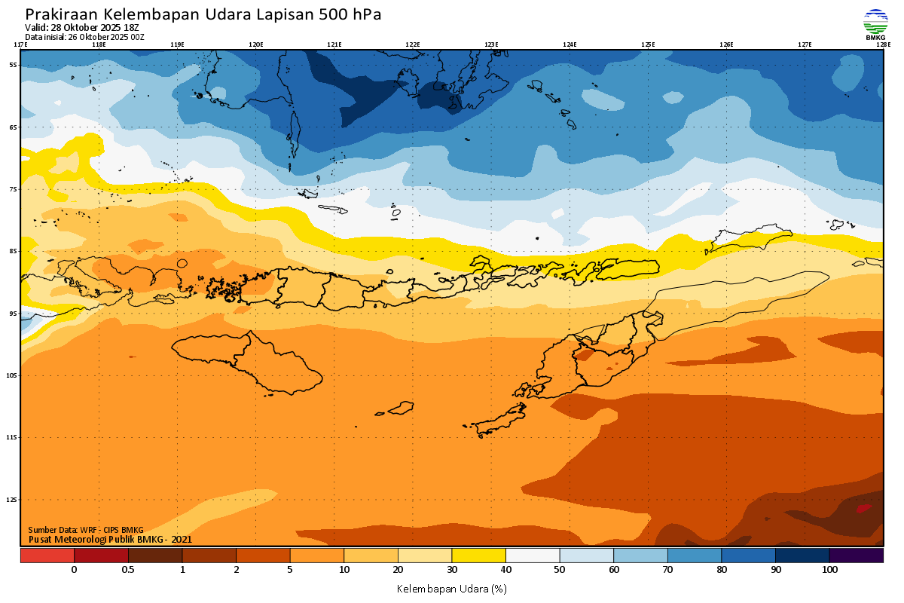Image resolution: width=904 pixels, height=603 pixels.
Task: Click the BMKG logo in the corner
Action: pyautogui.click(x=875, y=24)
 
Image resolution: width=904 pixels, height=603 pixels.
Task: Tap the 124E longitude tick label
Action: pyautogui.click(x=570, y=44)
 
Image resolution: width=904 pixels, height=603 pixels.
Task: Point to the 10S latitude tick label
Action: pyautogui.click(x=13, y=375)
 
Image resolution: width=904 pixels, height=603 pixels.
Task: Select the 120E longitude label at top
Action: pyautogui.click(x=256, y=44)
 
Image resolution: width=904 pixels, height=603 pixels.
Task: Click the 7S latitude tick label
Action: pyautogui.click(x=13, y=189)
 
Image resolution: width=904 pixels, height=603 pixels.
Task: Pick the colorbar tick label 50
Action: pyautogui.click(x=560, y=570)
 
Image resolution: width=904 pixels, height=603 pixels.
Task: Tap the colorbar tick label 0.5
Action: pyautogui.click(x=128, y=570)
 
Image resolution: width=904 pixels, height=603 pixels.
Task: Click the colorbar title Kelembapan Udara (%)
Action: pyautogui.click(x=451, y=588)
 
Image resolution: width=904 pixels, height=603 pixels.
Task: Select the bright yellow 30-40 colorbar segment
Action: pyautogui.click(x=478, y=556)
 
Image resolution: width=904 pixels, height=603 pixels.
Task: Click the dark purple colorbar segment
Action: pyautogui.click(x=856, y=556)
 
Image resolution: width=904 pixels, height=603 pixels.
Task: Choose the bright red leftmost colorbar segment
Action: pyautogui.click(x=47, y=556)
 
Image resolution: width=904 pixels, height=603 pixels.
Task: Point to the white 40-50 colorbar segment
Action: pyautogui.click(x=533, y=556)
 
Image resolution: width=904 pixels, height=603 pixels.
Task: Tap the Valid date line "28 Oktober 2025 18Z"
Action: pyautogui.click(x=93, y=28)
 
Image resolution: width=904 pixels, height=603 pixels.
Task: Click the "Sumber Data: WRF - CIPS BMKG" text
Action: pyautogui.click(x=85, y=531)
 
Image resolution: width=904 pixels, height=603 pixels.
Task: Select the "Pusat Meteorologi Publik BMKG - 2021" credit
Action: pyautogui.click(x=110, y=539)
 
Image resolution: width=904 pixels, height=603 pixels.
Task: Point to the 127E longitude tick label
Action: pyautogui.click(x=805, y=44)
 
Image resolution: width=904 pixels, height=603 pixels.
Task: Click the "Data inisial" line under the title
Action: pyautogui.click(x=84, y=36)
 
